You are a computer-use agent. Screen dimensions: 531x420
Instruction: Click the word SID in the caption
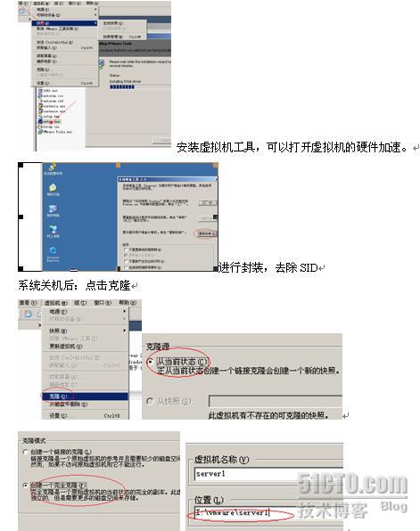tap(309, 268)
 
